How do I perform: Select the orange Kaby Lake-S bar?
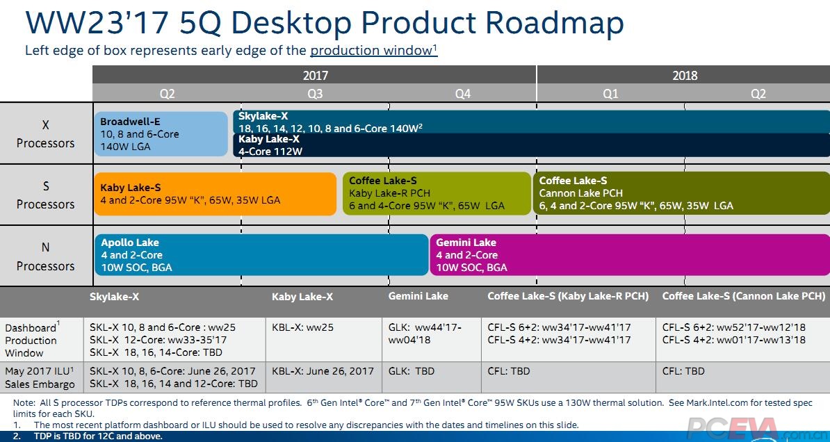click(215, 194)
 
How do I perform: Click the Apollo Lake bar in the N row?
click(261, 255)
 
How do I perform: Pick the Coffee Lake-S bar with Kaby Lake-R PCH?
click(437, 194)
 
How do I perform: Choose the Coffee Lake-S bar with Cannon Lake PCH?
click(681, 194)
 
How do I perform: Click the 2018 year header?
click(684, 76)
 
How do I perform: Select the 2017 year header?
click(315, 76)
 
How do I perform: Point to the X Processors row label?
click(46, 134)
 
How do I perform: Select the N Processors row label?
click(46, 256)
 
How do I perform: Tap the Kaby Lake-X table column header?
click(302, 297)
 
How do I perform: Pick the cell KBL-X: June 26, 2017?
click(323, 371)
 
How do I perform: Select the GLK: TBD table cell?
click(412, 371)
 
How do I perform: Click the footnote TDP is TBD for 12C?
click(97, 436)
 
